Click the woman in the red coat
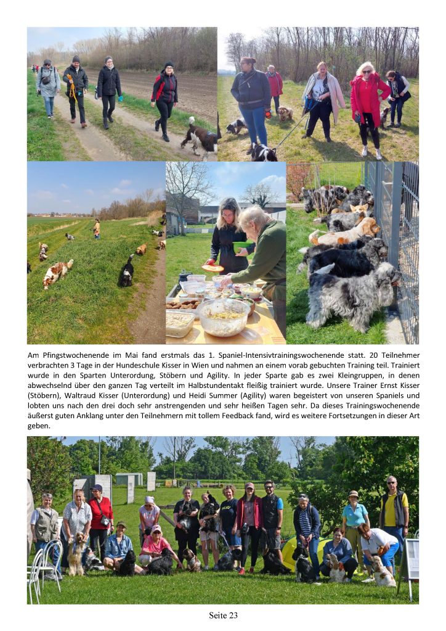coord(368,104)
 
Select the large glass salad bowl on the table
coord(223,316)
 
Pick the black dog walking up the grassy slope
coord(127,271)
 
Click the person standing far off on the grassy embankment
coord(97,228)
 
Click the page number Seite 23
coord(223,615)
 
